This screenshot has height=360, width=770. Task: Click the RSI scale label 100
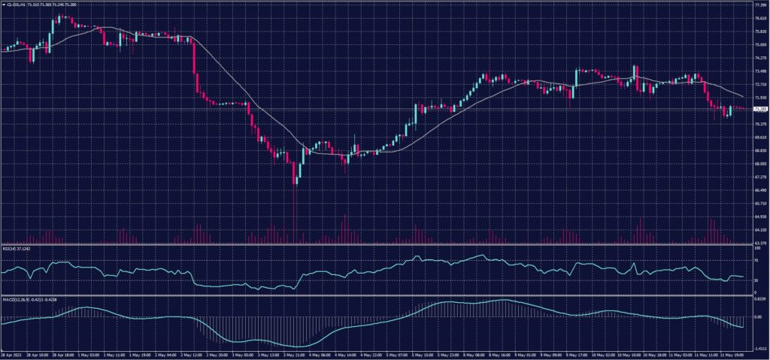click(x=756, y=248)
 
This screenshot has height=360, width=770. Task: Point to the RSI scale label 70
click(x=756, y=260)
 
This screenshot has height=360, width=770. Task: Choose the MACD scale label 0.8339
click(x=759, y=298)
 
